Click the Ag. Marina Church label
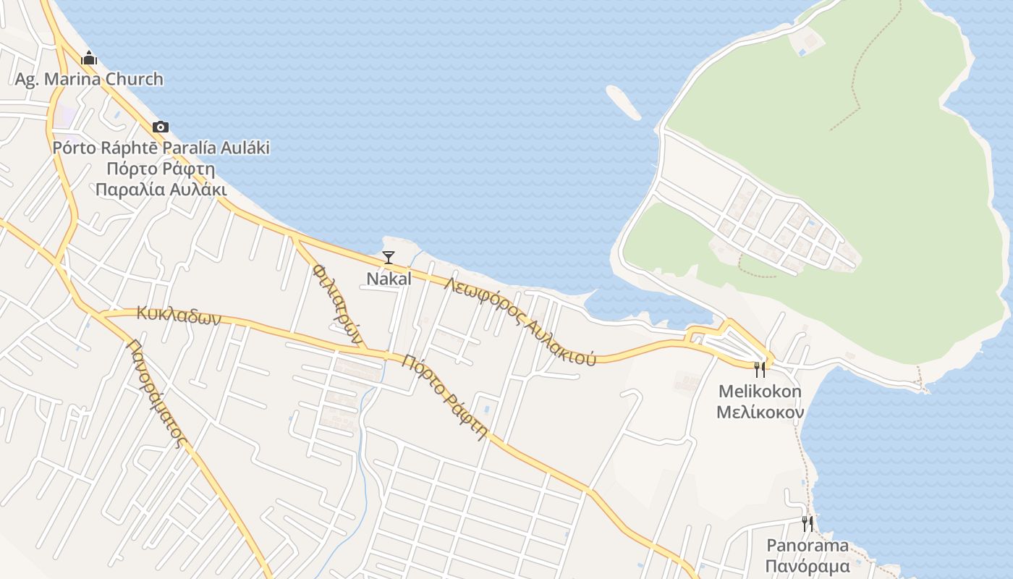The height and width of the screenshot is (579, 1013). (x=89, y=79)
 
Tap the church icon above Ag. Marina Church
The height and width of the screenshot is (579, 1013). (x=89, y=58)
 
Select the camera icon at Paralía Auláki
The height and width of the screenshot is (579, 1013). (x=161, y=127)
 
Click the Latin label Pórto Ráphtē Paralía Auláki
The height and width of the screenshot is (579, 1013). (x=161, y=148)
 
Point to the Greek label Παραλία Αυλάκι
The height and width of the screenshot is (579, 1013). (x=161, y=190)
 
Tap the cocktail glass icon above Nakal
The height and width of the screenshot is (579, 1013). (x=389, y=258)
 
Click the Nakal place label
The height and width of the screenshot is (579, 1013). (x=389, y=279)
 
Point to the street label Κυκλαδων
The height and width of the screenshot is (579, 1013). (x=177, y=316)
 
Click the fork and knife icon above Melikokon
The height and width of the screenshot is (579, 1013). (x=760, y=370)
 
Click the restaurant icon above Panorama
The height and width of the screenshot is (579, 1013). (x=808, y=523)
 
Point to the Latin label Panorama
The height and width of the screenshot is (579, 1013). (x=808, y=545)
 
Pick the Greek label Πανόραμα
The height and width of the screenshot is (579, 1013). (x=808, y=566)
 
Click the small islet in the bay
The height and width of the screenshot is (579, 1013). (x=623, y=102)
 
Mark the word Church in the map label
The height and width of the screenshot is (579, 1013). (x=134, y=79)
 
